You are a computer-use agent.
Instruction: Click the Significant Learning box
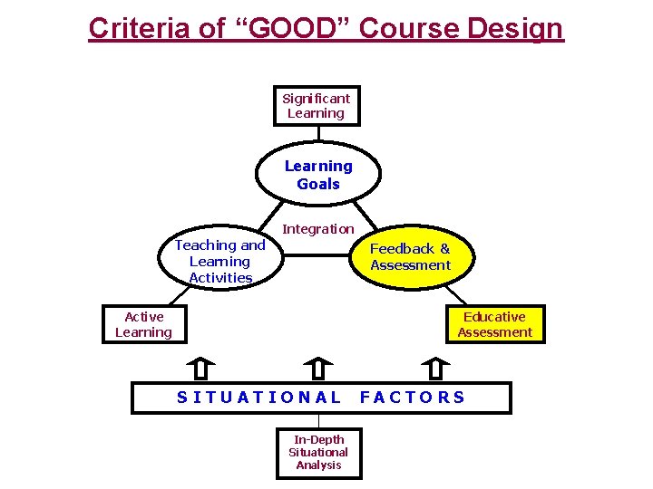pos(317,106)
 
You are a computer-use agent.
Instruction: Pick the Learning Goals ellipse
pos(318,175)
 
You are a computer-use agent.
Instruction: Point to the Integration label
pos(318,229)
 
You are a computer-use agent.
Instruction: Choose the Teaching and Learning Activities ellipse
pos(220,261)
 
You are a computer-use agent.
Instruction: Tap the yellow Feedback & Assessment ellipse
pos(410,257)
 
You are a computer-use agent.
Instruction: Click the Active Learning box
pos(144,324)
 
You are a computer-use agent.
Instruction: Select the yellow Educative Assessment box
pos(495,324)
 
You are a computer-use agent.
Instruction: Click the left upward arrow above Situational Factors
pos(200,369)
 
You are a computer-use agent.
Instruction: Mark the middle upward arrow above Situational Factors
pos(318,369)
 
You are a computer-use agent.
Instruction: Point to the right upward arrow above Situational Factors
pos(435,369)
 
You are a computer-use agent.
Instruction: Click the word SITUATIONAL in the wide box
pos(259,398)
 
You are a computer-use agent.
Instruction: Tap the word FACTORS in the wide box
pos(413,398)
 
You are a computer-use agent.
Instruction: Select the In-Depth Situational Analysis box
pos(318,452)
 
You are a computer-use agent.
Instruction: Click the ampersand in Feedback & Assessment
pos(444,248)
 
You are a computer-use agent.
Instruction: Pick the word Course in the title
pos(404,28)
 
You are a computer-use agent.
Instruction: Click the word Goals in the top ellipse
pos(318,184)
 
